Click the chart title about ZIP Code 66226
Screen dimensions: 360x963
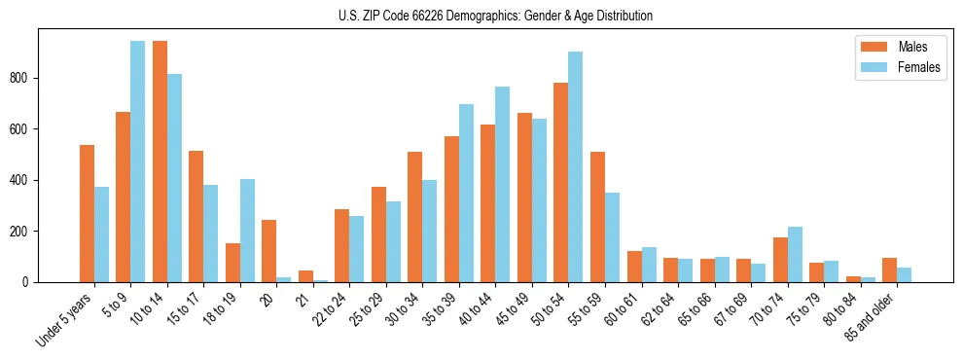(481, 16)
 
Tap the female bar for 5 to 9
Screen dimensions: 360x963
(138, 162)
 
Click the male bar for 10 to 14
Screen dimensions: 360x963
(160, 162)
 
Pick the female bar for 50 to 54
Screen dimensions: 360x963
(576, 166)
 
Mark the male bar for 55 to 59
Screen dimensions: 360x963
(597, 217)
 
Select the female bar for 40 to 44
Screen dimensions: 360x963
(503, 184)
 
